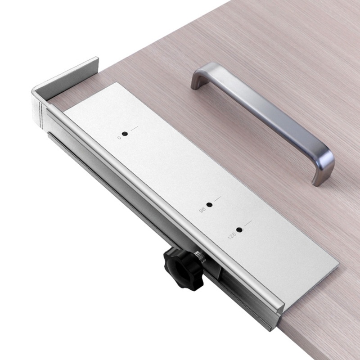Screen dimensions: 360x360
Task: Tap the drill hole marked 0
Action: [x=125, y=134]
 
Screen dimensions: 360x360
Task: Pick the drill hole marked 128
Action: [x=238, y=230]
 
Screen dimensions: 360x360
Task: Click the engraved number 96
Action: [x=202, y=210]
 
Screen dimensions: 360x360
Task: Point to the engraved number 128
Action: [x=231, y=236]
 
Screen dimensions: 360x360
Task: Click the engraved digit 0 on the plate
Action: [x=119, y=137]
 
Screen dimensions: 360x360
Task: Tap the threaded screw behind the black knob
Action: [x=200, y=257]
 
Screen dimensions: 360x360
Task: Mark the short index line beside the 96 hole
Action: [x=218, y=199]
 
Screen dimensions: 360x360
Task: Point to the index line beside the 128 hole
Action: [x=247, y=224]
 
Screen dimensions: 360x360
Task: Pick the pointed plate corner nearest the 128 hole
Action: [x=337, y=265]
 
